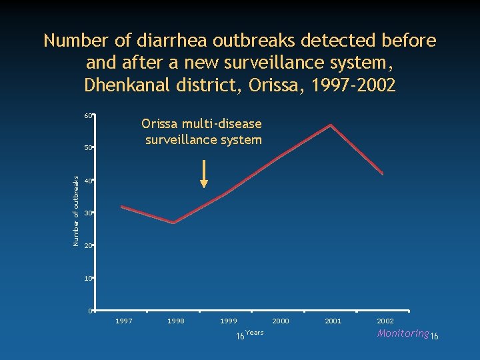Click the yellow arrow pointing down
(x=204, y=174)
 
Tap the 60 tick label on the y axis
(x=88, y=116)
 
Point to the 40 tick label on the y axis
(x=88, y=181)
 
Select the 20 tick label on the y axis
(x=88, y=246)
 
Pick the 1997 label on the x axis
(x=124, y=321)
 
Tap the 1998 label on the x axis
(x=176, y=321)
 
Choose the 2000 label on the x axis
(x=281, y=321)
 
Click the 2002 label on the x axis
(x=385, y=321)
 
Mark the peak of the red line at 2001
(x=331, y=125)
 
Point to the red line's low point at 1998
(x=173, y=223)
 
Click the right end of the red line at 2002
(x=383, y=173)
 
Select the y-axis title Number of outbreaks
(x=75, y=211)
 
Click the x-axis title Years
(x=255, y=332)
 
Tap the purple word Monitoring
(x=403, y=333)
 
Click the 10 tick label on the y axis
(x=88, y=279)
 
